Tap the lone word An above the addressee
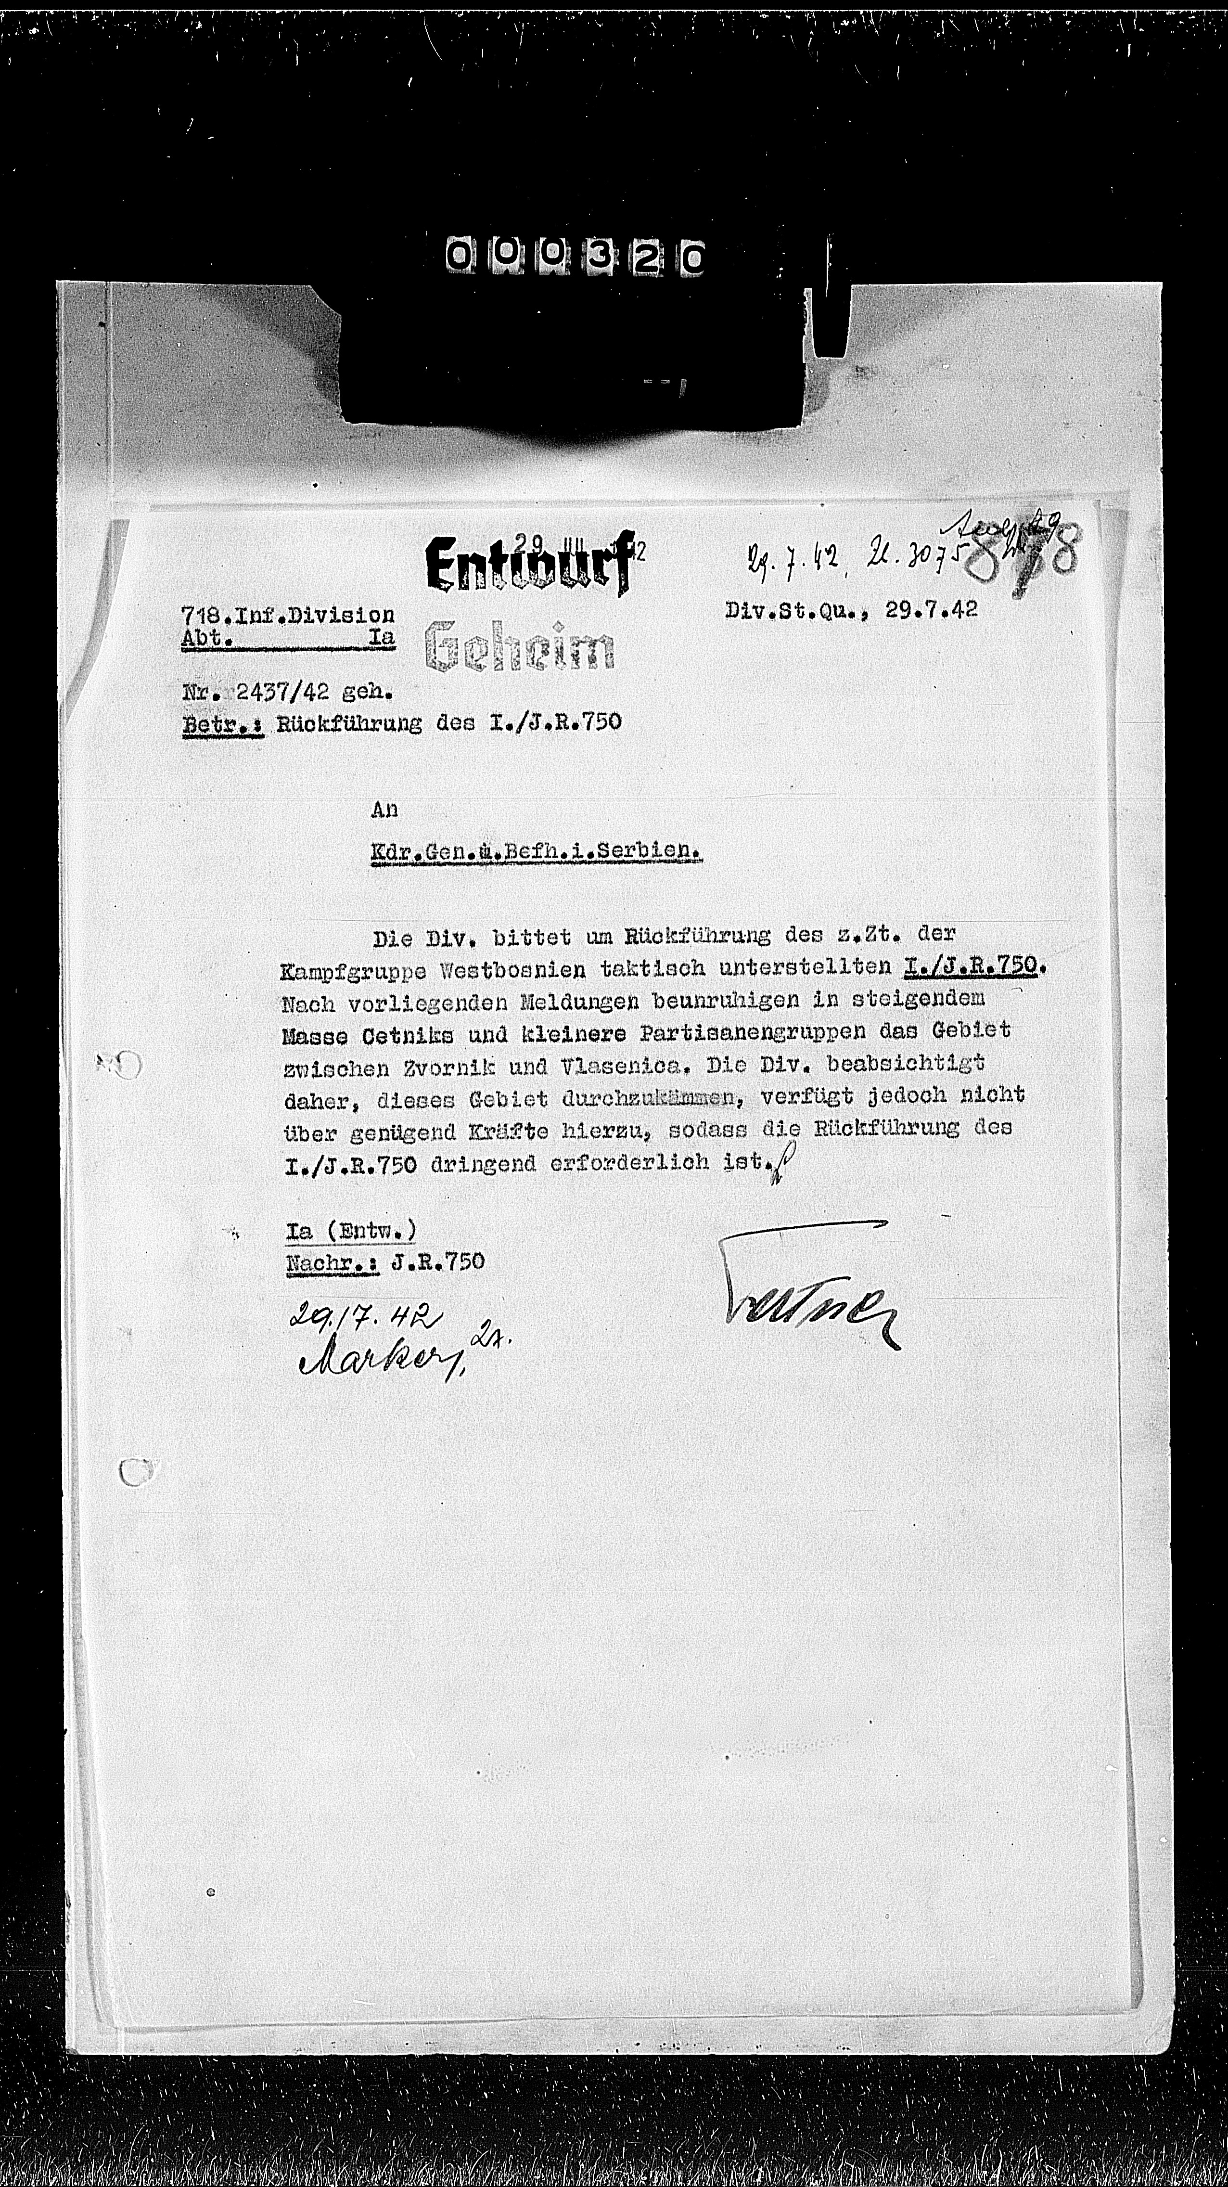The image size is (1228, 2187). tap(384, 810)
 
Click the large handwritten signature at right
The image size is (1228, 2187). tap(806, 1287)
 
